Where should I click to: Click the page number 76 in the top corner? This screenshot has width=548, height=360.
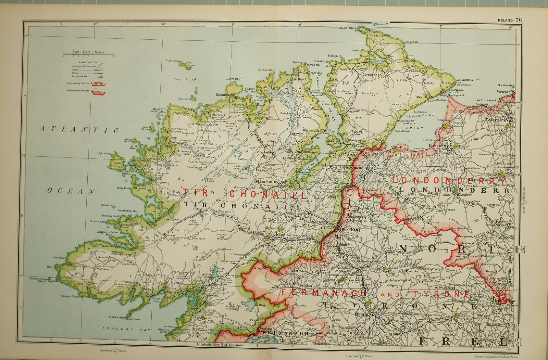[519, 20]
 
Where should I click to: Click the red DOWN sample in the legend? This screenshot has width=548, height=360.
[100, 83]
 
